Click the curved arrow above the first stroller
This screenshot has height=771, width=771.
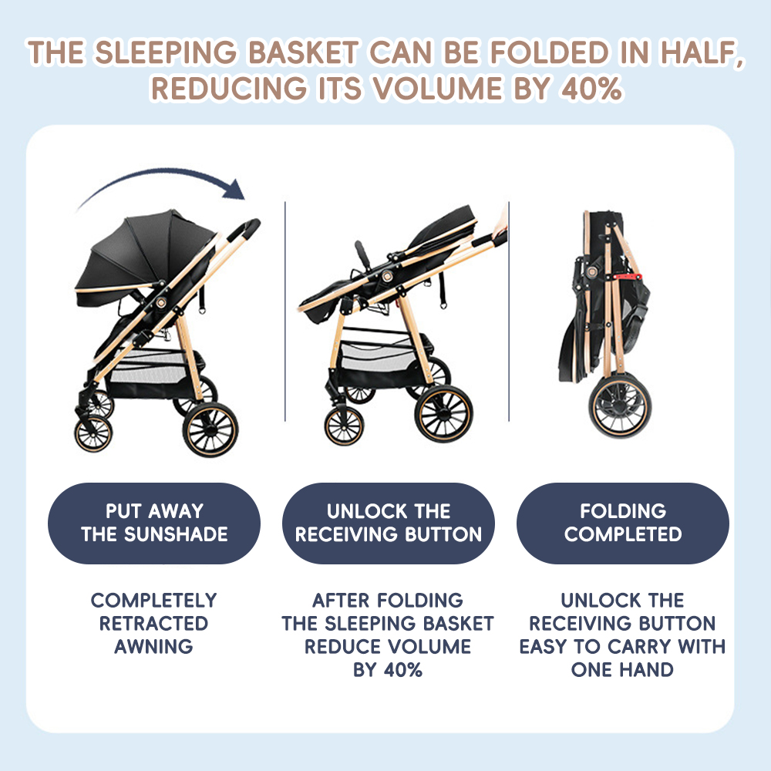(162, 172)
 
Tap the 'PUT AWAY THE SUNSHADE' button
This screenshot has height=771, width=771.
(154, 524)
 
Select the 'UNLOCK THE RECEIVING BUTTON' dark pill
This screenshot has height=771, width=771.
(389, 524)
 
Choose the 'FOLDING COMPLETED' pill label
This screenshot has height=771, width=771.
(622, 524)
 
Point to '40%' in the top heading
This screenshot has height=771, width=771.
(591, 89)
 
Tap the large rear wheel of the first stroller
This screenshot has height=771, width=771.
(210, 429)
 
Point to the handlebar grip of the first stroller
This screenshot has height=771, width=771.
(249, 229)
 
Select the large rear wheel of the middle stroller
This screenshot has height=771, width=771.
(444, 413)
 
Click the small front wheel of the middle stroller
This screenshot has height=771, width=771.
(344, 426)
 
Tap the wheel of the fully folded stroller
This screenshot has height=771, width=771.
(620, 406)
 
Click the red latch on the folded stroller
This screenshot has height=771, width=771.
(628, 277)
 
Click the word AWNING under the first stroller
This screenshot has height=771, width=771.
(153, 647)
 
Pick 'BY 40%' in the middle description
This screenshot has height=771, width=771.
(388, 670)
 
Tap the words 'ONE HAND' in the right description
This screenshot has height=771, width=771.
(622, 670)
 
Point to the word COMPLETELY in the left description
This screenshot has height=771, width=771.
(153, 601)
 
